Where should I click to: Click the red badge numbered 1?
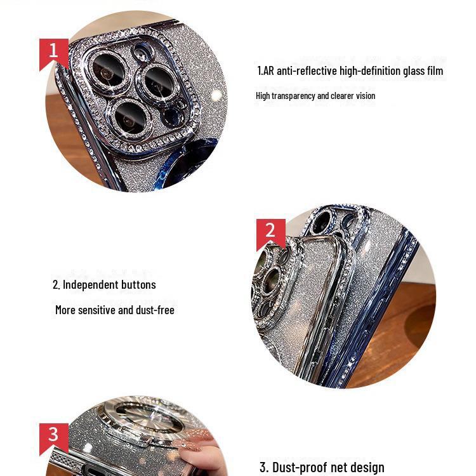(x=53, y=51)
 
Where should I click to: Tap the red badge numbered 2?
(x=270, y=231)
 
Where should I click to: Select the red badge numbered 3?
(x=53, y=435)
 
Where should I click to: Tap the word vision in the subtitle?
(x=364, y=96)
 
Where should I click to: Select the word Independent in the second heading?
(x=89, y=285)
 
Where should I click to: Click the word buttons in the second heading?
(x=137, y=285)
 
